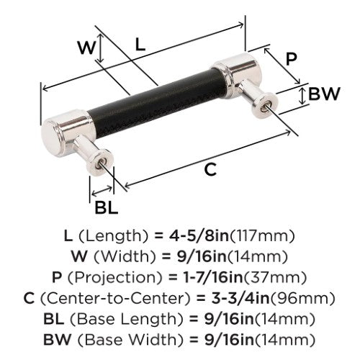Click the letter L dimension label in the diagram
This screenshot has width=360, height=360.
click(140, 45)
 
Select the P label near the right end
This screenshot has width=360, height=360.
click(291, 59)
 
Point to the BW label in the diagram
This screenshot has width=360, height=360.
click(324, 94)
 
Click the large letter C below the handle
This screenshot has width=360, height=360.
click(210, 170)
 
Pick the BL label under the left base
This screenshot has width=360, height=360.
click(107, 207)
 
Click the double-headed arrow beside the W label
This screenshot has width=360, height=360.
click(101, 48)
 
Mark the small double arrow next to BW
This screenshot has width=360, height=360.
click(303, 96)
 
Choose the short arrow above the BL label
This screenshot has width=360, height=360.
click(102, 191)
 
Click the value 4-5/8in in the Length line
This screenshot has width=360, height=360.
click(199, 236)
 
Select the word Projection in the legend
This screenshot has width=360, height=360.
click(115, 278)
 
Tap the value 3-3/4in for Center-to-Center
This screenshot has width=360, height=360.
click(240, 298)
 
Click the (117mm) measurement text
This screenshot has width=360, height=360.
click(262, 236)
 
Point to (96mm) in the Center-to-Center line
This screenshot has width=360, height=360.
click(302, 298)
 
